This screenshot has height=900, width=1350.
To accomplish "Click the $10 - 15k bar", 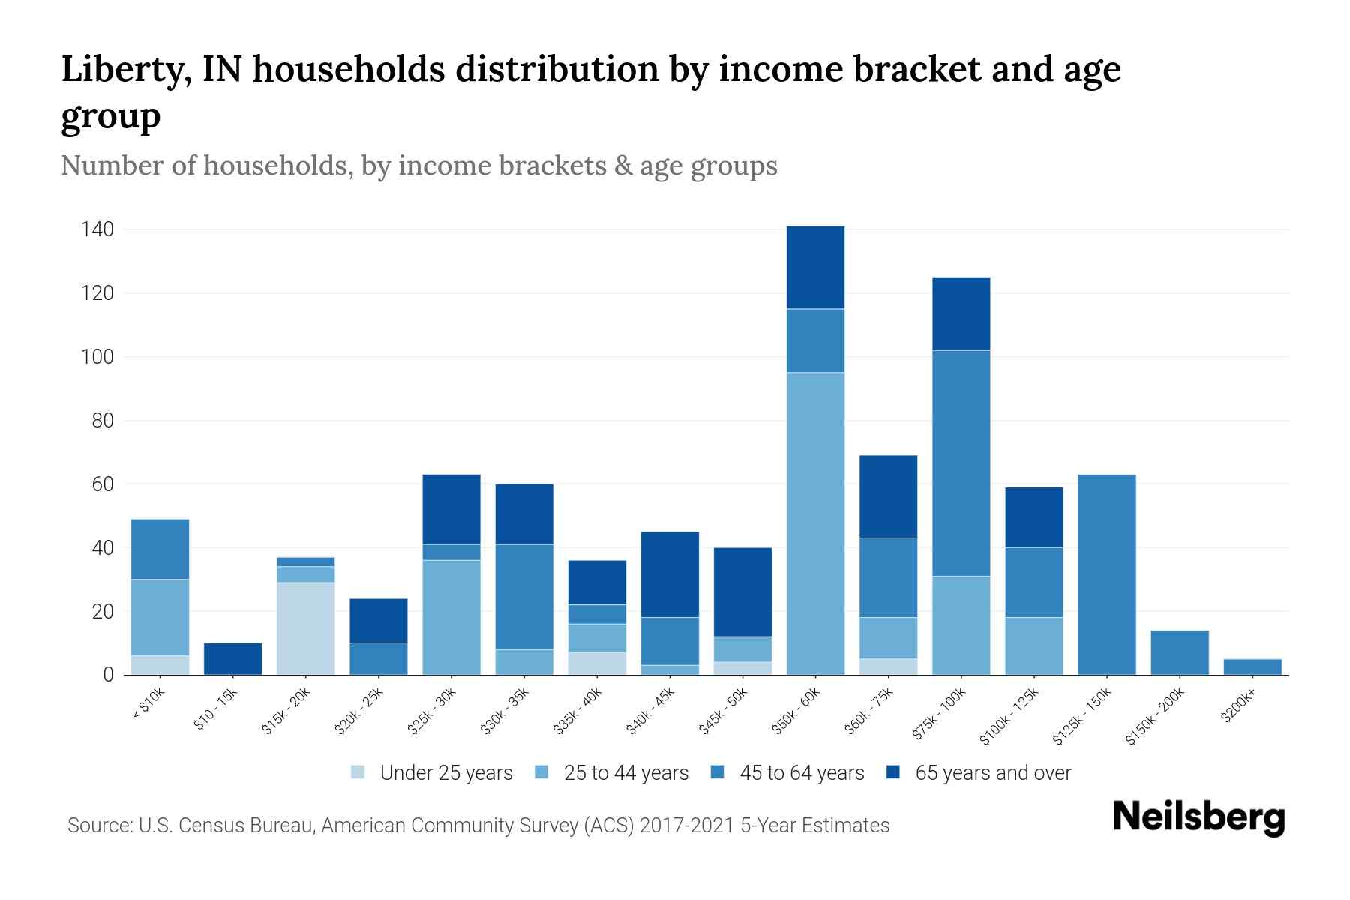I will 232,659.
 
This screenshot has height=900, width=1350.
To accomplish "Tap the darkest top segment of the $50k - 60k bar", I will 815,267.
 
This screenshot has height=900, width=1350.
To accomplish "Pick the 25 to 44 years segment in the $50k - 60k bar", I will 815,523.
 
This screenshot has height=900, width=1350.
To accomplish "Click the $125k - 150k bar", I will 1106,574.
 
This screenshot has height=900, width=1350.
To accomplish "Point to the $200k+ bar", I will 1252,667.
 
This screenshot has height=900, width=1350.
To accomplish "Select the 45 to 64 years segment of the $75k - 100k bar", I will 961,463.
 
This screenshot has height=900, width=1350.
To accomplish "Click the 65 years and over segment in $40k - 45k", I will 670,574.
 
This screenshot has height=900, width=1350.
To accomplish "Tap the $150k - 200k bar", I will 1179,652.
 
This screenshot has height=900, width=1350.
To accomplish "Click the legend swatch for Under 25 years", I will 358,772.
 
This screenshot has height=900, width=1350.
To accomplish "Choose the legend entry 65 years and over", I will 992,772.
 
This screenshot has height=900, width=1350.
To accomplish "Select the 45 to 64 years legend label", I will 801,772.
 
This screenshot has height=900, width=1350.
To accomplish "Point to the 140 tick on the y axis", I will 97,229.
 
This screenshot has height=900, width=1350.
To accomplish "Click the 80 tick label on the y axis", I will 102,421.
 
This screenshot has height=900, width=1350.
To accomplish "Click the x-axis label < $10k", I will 148,705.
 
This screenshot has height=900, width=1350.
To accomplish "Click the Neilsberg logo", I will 1198,817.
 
